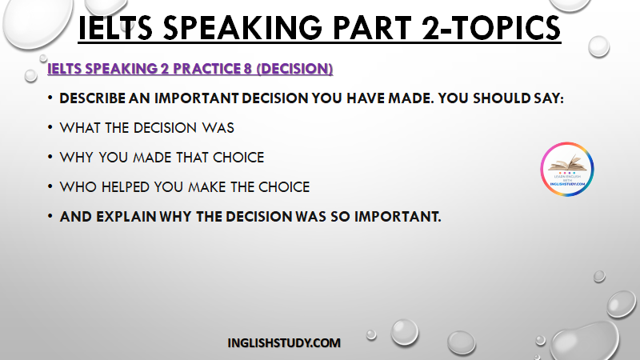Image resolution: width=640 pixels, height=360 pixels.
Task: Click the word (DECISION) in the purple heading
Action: pos(294,69)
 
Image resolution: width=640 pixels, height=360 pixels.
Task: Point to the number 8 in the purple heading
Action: pos(248,69)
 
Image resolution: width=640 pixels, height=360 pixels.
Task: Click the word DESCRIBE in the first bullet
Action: pos(92,98)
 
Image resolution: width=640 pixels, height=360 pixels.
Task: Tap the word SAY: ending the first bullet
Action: pos(548,98)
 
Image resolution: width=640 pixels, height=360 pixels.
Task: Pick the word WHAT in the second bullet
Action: pos(81,128)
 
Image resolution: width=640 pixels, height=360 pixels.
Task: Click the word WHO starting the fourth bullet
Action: pos(78,187)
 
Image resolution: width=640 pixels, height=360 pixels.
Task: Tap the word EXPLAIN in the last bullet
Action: pos(126,216)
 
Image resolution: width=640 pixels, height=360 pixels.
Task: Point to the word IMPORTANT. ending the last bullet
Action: pos(398,216)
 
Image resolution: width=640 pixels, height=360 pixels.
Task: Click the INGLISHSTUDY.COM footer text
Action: pos(284,343)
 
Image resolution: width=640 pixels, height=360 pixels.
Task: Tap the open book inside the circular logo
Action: pos(567,162)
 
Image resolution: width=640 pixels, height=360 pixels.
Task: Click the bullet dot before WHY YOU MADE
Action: pos(50,157)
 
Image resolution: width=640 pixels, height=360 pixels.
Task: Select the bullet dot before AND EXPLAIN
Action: pos(50,215)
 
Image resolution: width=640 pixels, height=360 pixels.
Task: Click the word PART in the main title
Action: pos(372,28)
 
